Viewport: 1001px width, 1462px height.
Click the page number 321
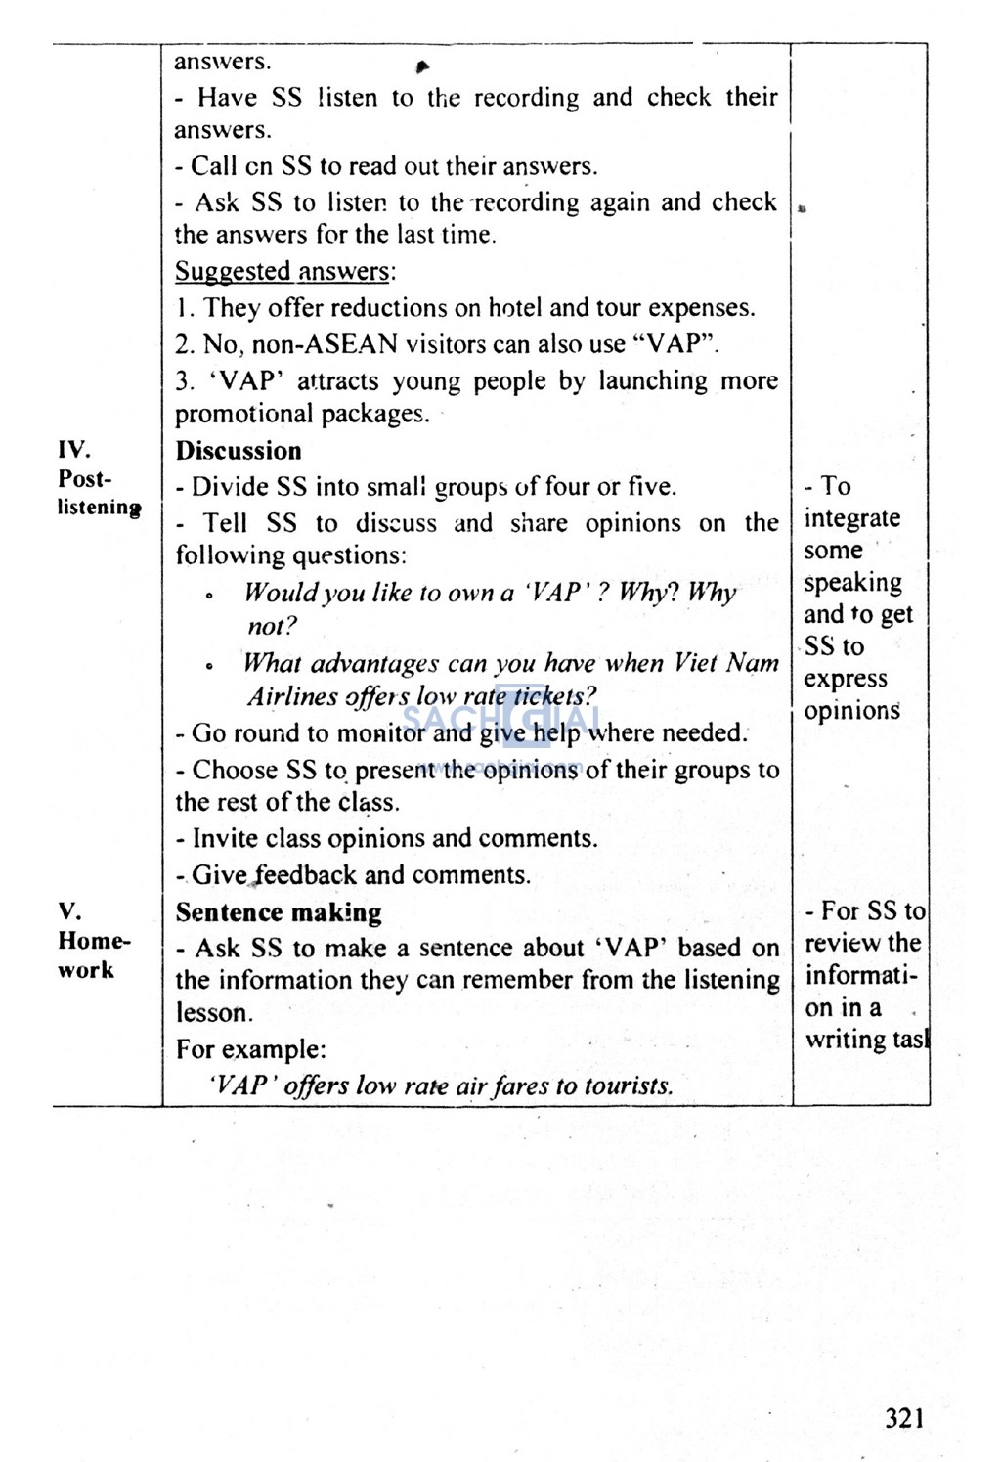(x=904, y=1418)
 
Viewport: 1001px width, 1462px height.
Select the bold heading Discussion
(x=239, y=451)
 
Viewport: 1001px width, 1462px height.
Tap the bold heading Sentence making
(x=279, y=912)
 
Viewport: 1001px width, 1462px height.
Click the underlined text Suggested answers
(x=283, y=271)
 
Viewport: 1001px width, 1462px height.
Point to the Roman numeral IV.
(x=73, y=450)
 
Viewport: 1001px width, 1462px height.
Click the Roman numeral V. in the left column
(x=69, y=911)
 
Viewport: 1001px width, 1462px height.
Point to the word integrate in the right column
(x=851, y=518)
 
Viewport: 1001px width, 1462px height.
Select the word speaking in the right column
(x=852, y=583)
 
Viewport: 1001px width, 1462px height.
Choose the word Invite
(x=225, y=838)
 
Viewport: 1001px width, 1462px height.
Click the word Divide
(x=231, y=487)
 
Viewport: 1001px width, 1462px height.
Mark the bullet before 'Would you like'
(x=209, y=595)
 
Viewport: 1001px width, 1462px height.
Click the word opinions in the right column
(x=850, y=711)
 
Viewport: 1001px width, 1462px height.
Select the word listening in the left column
(x=98, y=508)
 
